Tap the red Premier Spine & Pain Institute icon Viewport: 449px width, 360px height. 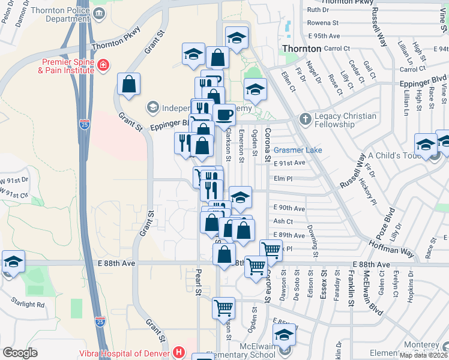[x=103, y=65]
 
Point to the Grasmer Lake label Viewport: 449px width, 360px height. [x=298, y=150]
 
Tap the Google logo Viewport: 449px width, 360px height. [x=20, y=353]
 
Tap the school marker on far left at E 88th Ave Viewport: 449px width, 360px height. [x=13, y=262]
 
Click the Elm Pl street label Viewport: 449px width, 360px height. [x=281, y=178]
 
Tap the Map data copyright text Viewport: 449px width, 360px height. [x=423, y=355]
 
